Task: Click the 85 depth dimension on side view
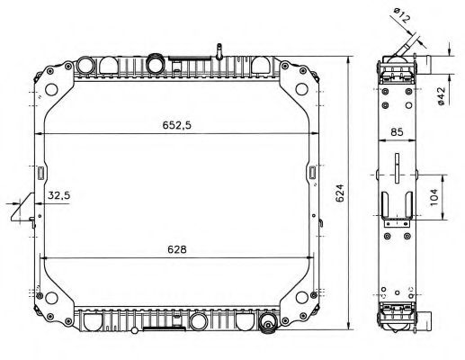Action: tap(398, 133)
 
